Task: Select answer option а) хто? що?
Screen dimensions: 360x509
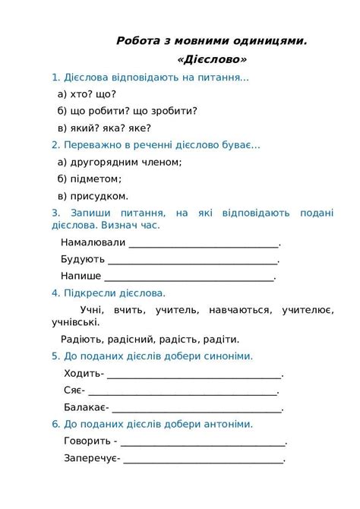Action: coord(87,94)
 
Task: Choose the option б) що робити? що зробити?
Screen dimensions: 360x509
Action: coord(128,111)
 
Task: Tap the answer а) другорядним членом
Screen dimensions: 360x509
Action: coord(120,162)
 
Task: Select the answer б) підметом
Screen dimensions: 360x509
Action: coord(90,179)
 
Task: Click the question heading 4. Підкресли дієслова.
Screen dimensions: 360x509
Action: coord(109,293)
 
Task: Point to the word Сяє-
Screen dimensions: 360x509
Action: coord(73,390)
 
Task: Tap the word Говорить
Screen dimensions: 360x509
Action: coord(87,441)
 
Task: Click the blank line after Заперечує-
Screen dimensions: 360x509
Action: coord(204,458)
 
